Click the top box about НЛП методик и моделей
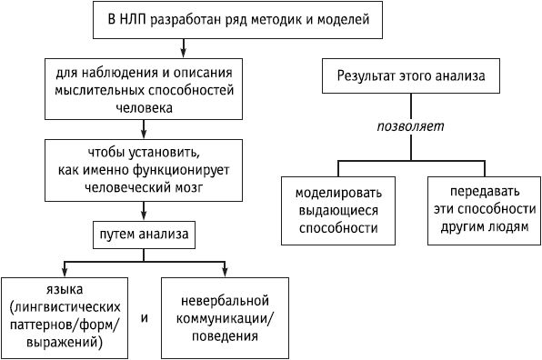tap(238, 19)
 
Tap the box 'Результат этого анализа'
tap(410, 77)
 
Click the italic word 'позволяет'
tap(410, 126)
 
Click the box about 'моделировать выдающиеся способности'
tap(339, 210)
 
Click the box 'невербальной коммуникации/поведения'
tap(225, 316)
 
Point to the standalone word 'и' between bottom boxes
tap(146, 318)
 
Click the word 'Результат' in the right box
tap(373, 77)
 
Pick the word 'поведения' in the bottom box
tap(226, 335)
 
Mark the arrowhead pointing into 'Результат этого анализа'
tap(410, 57)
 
